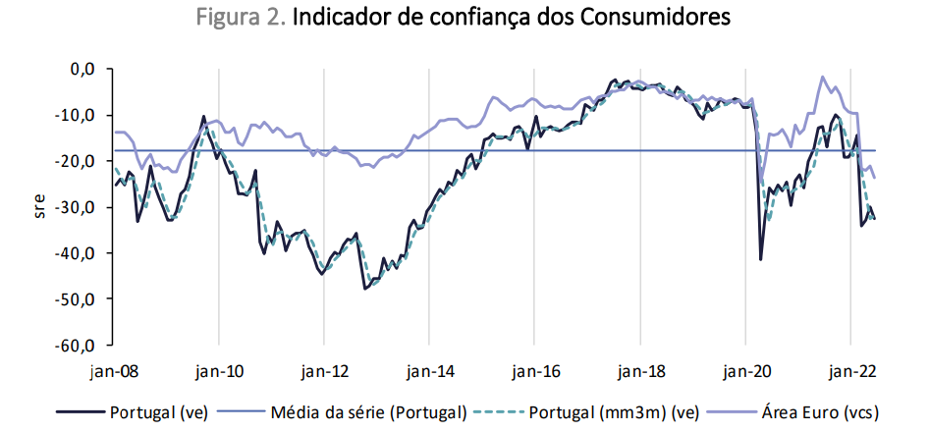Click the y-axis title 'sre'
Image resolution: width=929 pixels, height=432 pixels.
(39, 208)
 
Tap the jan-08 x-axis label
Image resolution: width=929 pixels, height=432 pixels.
(115, 372)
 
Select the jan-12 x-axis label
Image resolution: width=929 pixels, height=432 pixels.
(325, 372)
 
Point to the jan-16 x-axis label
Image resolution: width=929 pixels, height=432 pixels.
(534, 372)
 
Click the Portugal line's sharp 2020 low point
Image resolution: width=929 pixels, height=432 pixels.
(760, 259)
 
